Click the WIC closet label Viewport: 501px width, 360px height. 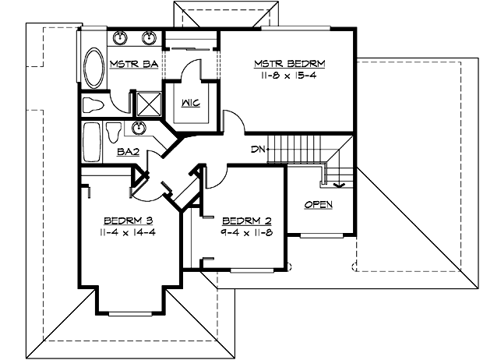coord(192,103)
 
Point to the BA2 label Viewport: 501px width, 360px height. coord(128,152)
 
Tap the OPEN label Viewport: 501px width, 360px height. coord(318,204)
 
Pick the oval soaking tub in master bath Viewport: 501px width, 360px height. coord(93,71)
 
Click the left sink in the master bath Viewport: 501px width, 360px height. coord(120,37)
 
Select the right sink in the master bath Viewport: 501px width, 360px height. coord(148,37)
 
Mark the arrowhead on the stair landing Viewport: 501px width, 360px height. coord(337,185)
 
